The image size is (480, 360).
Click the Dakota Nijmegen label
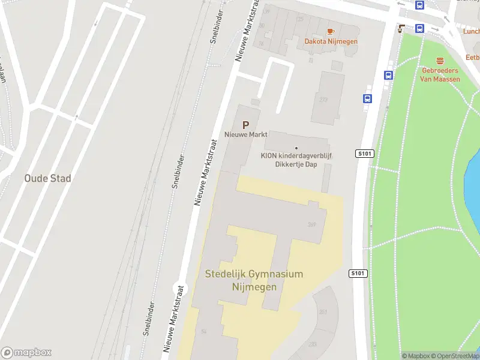click(331, 41)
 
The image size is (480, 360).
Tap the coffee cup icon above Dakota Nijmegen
click(330, 31)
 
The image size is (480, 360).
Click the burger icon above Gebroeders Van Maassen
click(440, 60)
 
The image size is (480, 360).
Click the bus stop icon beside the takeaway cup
click(419, 28)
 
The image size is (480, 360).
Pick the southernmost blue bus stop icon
click(367, 99)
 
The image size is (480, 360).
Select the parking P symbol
click(245, 125)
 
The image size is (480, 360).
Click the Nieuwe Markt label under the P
click(246, 134)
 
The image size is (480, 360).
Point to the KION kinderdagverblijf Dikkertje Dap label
click(296, 159)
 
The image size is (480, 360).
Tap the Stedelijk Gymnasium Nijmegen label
click(254, 280)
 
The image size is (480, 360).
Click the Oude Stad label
click(47, 178)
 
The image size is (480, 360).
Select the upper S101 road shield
click(365, 154)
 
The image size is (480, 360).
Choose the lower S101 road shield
click(358, 274)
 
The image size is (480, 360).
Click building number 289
click(311, 225)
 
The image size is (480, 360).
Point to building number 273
click(324, 100)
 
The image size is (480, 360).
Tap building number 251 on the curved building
click(323, 312)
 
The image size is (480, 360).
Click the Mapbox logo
click(26, 353)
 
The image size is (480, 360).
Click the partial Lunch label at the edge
click(472, 31)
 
